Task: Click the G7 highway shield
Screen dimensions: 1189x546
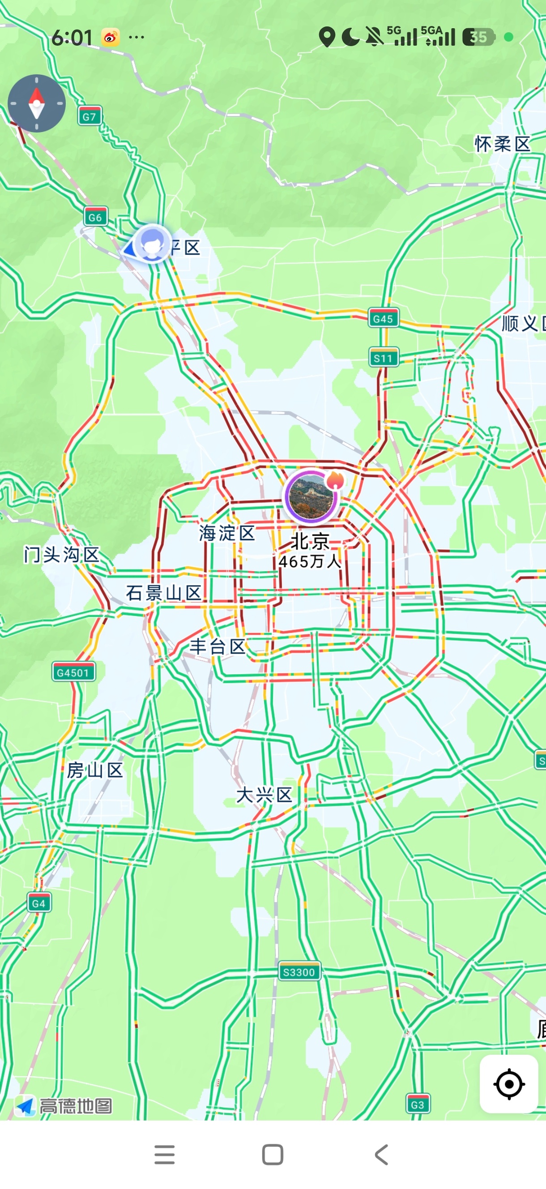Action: [x=90, y=116]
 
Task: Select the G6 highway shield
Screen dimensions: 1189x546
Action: [x=95, y=217]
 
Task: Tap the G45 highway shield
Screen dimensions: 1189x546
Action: [x=383, y=318]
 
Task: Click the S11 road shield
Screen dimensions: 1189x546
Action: [x=383, y=358]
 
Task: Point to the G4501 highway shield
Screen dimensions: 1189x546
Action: [x=73, y=672]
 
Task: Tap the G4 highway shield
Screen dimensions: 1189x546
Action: [x=39, y=903]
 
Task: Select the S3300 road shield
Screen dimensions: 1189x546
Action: [x=299, y=972]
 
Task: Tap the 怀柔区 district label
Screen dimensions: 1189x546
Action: [x=503, y=145]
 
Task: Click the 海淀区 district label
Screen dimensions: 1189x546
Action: [x=227, y=533]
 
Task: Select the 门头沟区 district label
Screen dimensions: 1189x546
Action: [x=62, y=554]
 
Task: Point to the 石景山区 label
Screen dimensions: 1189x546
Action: [x=164, y=593]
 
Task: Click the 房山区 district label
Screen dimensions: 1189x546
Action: [x=95, y=770]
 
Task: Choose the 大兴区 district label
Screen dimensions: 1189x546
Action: [x=264, y=795]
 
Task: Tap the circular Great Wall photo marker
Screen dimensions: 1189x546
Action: [x=311, y=497]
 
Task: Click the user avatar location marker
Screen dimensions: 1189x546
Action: [x=152, y=243]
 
